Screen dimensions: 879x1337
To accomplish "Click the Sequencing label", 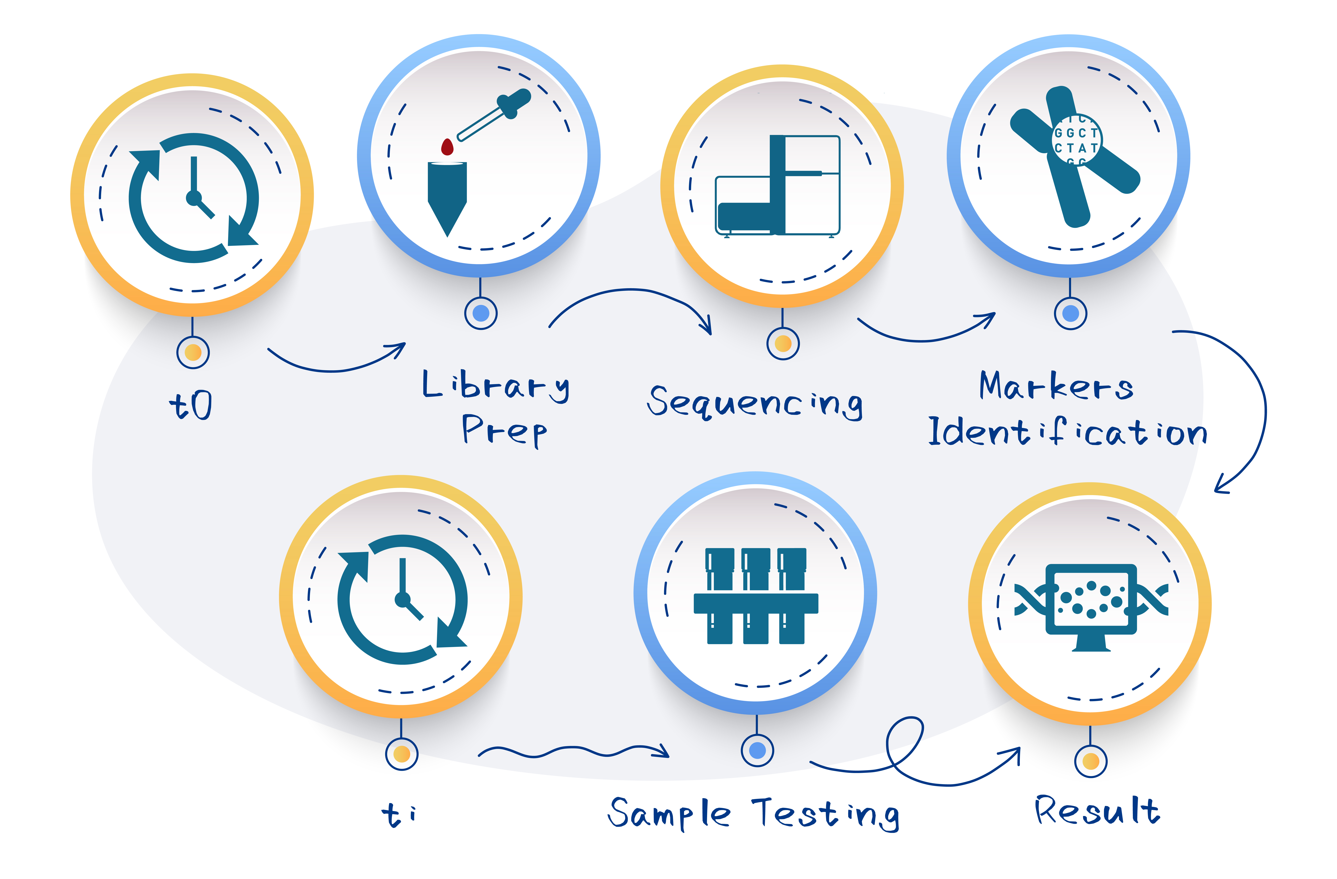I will [754, 402].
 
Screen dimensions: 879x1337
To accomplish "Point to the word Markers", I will [1056, 386].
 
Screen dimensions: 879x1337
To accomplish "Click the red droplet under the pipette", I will [447, 147].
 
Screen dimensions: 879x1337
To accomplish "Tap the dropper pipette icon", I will [494, 115].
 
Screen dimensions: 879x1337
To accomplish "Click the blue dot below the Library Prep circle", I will [481, 313].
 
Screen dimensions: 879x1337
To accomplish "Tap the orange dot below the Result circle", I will [1090, 762].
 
